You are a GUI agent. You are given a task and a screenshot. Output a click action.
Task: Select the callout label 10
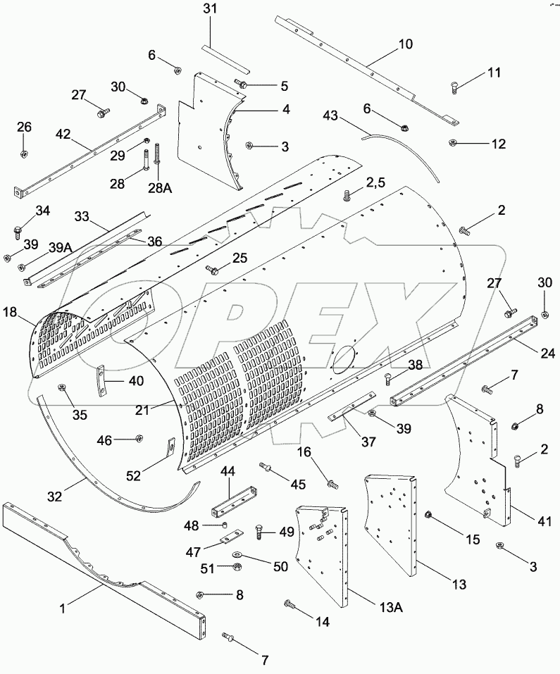tap(406, 44)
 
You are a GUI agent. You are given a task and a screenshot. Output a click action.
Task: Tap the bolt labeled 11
tap(455, 87)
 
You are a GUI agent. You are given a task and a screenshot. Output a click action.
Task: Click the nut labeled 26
tap(23, 154)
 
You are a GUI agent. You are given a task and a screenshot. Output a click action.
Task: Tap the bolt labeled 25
tap(211, 269)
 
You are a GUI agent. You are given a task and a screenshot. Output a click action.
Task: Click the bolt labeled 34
tap(18, 229)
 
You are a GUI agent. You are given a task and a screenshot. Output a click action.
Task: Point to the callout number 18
tap(11, 312)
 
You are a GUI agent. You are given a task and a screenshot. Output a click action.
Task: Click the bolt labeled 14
tap(290, 604)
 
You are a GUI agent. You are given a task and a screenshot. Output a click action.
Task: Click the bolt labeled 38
tap(389, 380)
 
